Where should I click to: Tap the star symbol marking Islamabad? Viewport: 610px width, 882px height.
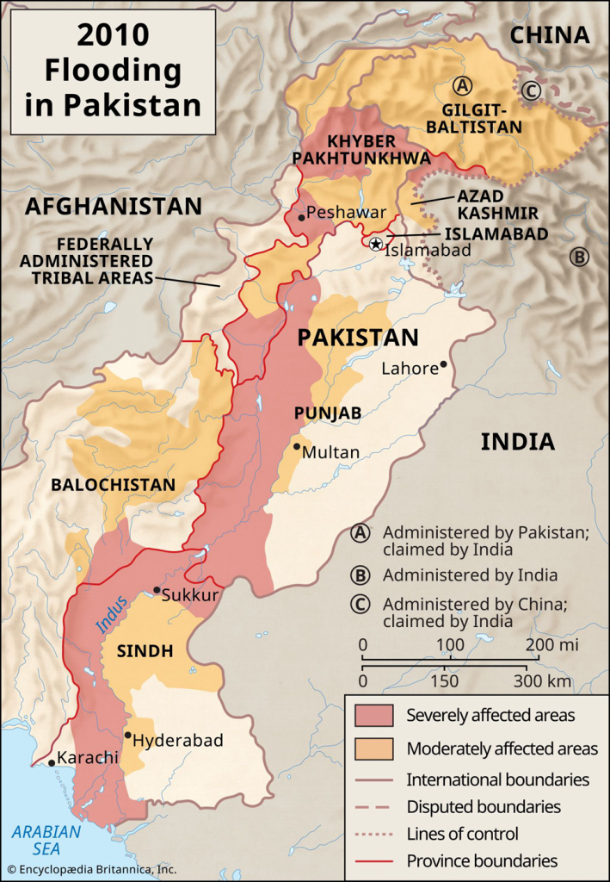click(x=375, y=244)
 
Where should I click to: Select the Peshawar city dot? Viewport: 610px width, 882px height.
click(x=301, y=217)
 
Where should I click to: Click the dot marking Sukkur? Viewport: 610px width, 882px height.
click(x=156, y=590)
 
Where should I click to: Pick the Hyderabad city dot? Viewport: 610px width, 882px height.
click(x=128, y=735)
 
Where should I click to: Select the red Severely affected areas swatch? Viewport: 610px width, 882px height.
click(x=373, y=715)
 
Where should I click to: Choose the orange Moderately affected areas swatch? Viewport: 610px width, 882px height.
click(x=373, y=747)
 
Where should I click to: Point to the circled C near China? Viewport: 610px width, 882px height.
click(x=531, y=90)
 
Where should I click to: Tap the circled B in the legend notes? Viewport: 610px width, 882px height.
click(x=362, y=575)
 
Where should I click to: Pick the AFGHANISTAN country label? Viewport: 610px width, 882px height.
click(x=113, y=206)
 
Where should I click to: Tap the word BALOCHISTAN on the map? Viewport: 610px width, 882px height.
click(x=113, y=485)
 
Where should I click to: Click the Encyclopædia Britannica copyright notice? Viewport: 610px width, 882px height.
click(x=89, y=869)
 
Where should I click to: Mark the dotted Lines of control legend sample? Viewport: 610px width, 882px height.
click(x=373, y=834)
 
